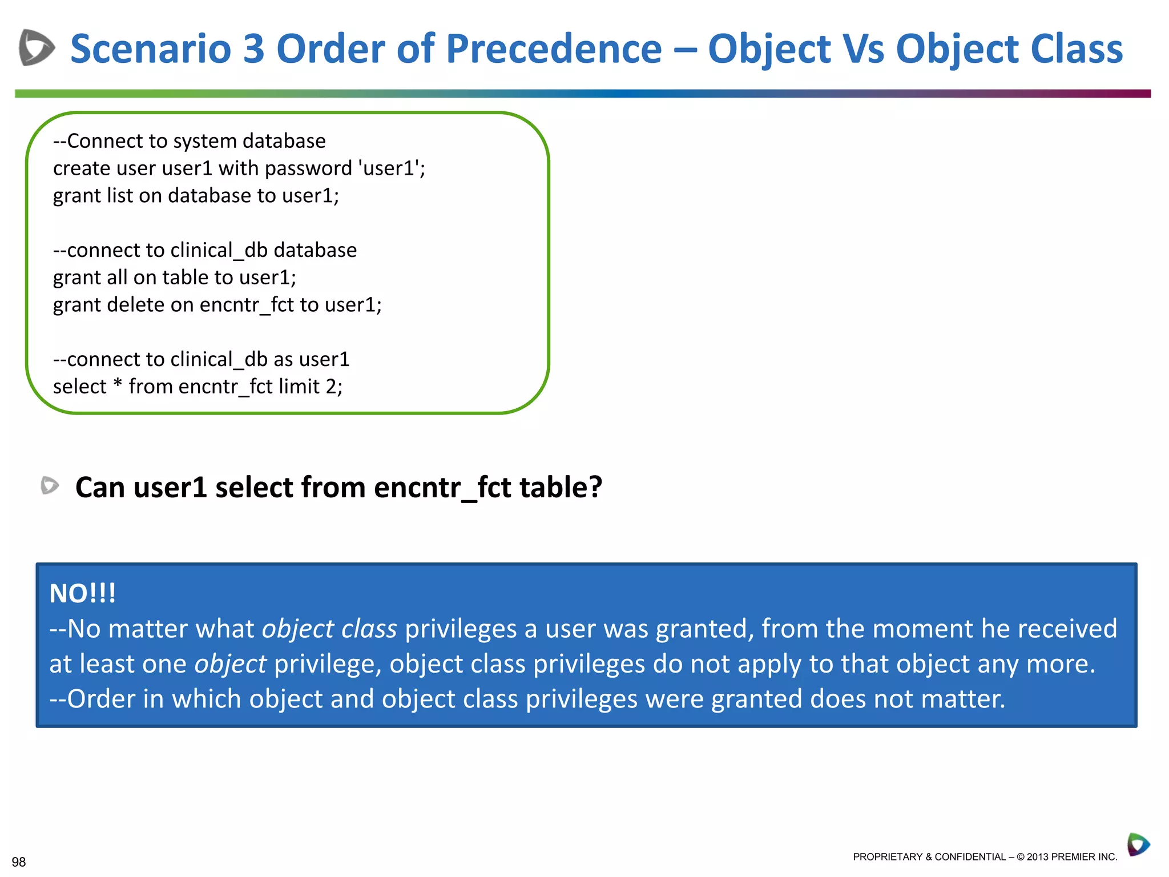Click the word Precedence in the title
553,49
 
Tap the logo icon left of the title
37,47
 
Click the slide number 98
19,862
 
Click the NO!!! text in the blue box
83,593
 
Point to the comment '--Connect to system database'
189,141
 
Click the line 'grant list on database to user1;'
196,196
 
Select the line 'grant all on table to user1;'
175,277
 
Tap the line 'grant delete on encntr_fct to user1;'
217,305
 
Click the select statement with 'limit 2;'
197,387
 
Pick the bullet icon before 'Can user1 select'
50,486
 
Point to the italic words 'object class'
329,629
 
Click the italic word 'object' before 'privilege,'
230,664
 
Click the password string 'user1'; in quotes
392,168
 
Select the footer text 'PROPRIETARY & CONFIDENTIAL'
929,856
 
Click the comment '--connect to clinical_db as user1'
201,359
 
